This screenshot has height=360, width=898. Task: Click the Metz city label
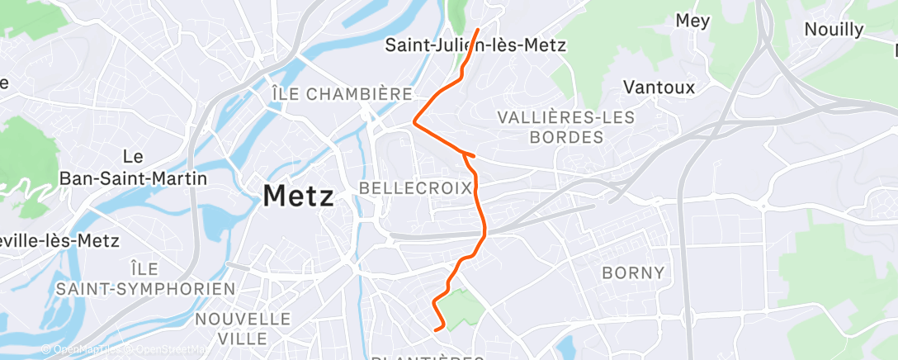click(298, 197)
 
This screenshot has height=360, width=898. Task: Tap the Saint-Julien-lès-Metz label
click(475, 45)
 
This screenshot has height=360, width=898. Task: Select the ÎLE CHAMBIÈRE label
click(342, 94)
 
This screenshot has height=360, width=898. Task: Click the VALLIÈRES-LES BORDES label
click(566, 126)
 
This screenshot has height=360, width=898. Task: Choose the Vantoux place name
click(659, 87)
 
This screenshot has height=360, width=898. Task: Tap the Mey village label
click(692, 21)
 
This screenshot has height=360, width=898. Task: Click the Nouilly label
click(834, 30)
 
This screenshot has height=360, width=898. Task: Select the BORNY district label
click(633, 272)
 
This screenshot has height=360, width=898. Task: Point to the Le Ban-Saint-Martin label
click(132, 167)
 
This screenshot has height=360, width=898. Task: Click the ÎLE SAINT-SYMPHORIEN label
click(145, 278)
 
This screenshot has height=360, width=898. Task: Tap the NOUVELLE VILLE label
click(243, 329)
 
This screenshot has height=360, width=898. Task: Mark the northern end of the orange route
click(478, 31)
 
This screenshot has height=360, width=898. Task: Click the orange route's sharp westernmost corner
click(414, 122)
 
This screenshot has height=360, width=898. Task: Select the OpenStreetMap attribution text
click(165, 350)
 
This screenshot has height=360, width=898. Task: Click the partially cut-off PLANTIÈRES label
click(428, 357)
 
